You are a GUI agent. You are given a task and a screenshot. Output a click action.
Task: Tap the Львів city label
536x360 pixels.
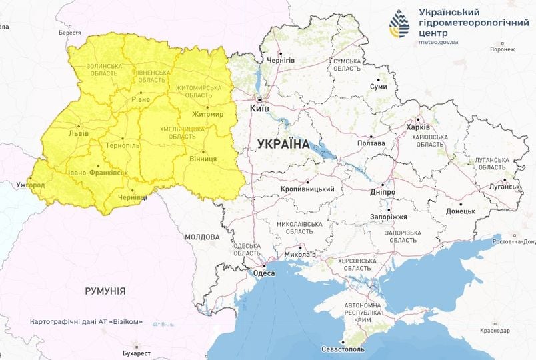[x=69, y=133]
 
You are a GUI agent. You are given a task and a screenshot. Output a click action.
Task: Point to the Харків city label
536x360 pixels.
[x=419, y=129]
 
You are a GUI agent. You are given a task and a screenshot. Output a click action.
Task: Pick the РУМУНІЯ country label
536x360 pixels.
[x=105, y=291]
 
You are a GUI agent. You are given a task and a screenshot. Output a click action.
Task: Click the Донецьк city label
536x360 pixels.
[x=460, y=211]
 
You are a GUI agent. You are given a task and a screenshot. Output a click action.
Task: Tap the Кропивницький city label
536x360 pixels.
[x=307, y=189]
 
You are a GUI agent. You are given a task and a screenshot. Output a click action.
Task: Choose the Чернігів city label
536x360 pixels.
[x=281, y=61]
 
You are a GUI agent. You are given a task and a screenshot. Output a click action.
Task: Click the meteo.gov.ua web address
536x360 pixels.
[x=438, y=41]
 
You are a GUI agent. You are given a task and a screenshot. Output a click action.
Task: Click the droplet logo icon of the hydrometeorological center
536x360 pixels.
[x=401, y=25]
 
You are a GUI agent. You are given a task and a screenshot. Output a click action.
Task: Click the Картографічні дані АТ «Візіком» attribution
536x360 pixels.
[x=87, y=321]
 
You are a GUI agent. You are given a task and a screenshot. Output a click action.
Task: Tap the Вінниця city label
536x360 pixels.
[x=203, y=159]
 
